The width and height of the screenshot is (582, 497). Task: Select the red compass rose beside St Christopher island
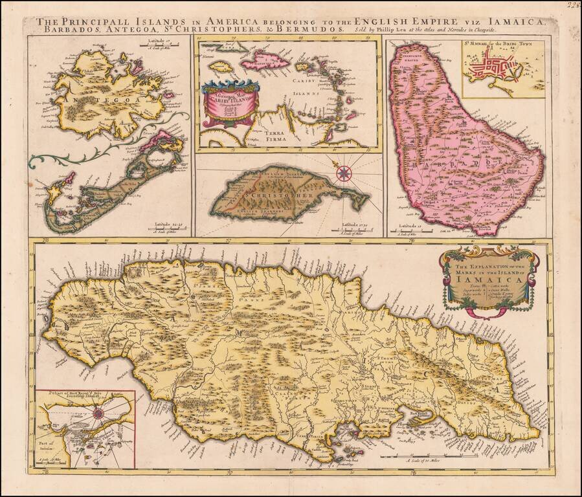pos(344,172)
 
